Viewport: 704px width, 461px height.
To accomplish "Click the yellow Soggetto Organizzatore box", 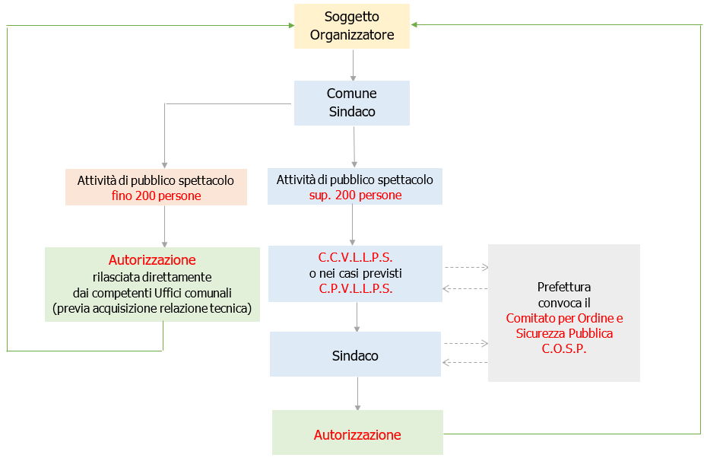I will click(351, 26).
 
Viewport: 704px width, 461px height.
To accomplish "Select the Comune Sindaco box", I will click(351, 103).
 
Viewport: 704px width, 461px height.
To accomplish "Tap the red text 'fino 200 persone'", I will click(156, 196).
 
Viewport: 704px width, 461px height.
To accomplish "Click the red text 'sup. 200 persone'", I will click(354, 196).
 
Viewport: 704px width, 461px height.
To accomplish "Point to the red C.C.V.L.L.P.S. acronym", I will click(355, 258).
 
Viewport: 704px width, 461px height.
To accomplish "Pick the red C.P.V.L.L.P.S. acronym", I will click(355, 288).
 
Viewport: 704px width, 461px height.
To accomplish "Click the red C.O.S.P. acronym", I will click(564, 349).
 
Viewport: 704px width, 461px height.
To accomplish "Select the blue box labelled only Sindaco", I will click(355, 355).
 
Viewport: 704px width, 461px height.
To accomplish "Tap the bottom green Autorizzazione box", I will click(357, 434).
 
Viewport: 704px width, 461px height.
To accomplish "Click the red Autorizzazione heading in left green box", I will click(152, 260).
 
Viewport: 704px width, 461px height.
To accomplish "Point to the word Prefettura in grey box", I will click(564, 288).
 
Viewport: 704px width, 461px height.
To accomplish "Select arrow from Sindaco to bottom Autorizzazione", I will click(357, 393).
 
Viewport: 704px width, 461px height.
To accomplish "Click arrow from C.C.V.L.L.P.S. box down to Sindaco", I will click(357, 316).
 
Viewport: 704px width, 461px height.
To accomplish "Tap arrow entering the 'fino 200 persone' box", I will click(164, 137).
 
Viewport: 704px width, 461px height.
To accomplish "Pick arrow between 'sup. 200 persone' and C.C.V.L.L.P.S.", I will click(352, 224).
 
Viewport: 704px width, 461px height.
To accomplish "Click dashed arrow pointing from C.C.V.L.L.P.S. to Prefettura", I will click(465, 267).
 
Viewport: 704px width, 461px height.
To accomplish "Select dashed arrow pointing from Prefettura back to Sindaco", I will click(465, 362).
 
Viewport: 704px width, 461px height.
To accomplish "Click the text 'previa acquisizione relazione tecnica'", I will click(152, 308).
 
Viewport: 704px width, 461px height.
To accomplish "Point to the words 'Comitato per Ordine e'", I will click(564, 318).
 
